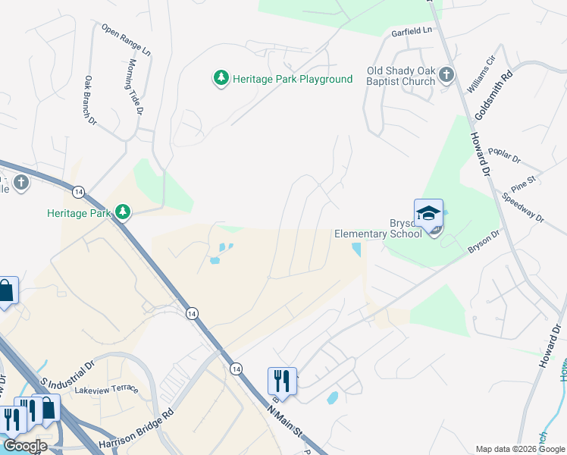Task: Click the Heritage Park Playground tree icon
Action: [221, 78]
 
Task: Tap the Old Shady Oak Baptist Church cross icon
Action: [446, 74]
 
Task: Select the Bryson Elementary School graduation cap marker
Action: [428, 213]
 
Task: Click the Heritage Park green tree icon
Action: [121, 212]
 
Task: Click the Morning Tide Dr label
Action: [136, 86]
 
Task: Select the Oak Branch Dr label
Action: [91, 100]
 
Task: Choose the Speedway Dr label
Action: [523, 206]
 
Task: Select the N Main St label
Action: [285, 428]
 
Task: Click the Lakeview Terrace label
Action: [106, 390]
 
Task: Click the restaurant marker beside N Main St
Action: [282, 381]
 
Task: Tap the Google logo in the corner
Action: [25, 446]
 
